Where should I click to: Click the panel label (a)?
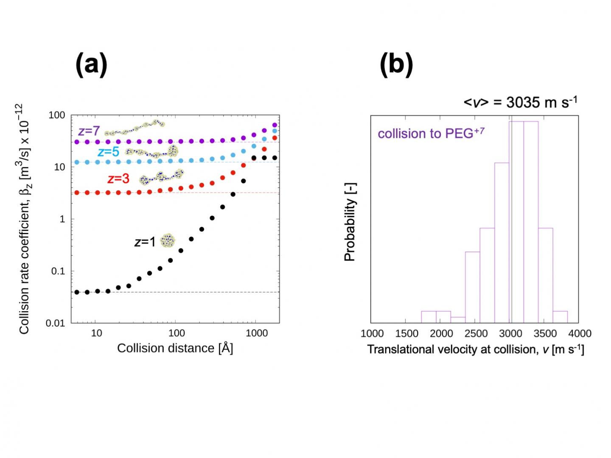click(91, 64)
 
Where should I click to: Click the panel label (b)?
click(396, 64)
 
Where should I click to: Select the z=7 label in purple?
click(89, 131)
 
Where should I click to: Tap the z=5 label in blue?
click(108, 152)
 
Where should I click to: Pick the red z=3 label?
click(118, 179)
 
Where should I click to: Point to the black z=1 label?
click(145, 242)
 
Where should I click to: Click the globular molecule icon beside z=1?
click(168, 241)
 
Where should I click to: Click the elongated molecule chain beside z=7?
click(135, 127)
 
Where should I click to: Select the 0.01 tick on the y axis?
click(55, 323)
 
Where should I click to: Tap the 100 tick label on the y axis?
click(57, 115)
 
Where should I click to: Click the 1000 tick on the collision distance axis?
click(257, 333)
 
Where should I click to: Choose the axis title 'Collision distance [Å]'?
click(175, 348)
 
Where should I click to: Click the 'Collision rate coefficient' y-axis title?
click(25, 219)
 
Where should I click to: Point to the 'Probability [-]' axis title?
click(350, 222)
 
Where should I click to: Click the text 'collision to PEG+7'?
click(431, 133)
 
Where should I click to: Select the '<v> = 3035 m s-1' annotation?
click(520, 102)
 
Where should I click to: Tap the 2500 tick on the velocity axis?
click(476, 334)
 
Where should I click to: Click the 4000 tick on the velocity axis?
click(580, 334)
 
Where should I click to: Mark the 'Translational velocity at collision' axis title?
click(475, 349)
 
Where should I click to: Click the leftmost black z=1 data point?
click(77, 292)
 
